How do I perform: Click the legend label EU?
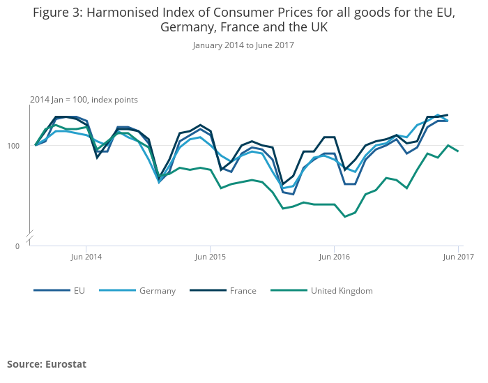(79, 291)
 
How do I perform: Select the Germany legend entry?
(157, 291)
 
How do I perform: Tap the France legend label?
(243, 291)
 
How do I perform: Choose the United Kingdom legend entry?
(342, 291)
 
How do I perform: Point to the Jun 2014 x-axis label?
(86, 257)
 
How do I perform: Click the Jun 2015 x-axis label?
(210, 257)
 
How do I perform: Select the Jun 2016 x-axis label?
(334, 257)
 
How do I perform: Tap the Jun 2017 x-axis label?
(458, 257)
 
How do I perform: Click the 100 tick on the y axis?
(20, 145)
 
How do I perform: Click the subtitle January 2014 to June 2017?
(243, 45)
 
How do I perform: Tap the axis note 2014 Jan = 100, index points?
(84, 100)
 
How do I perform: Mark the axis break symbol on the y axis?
(29, 236)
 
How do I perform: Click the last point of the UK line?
(458, 151)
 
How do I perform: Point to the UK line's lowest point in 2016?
(344, 216)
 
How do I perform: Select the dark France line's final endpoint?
(448, 115)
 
